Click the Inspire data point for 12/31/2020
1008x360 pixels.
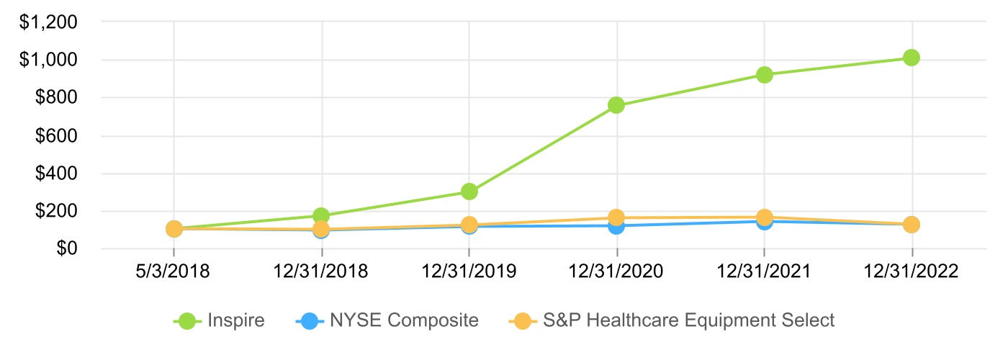[616, 105]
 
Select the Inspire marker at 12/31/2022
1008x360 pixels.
[912, 58]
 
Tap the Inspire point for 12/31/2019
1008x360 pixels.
[469, 192]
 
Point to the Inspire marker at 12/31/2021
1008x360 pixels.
[765, 74]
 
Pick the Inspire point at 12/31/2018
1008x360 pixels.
[322, 215]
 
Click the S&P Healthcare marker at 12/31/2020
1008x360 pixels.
[616, 217]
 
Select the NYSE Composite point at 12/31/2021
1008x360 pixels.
[765, 222]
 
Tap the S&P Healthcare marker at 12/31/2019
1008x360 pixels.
[469, 225]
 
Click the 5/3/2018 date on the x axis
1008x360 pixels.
[174, 272]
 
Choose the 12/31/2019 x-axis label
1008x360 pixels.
[469, 272]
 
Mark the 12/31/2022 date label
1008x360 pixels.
[912, 272]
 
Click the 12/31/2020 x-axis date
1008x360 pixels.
[616, 272]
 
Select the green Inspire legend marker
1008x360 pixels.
[188, 320]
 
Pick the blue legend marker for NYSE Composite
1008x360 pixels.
[307, 320]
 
